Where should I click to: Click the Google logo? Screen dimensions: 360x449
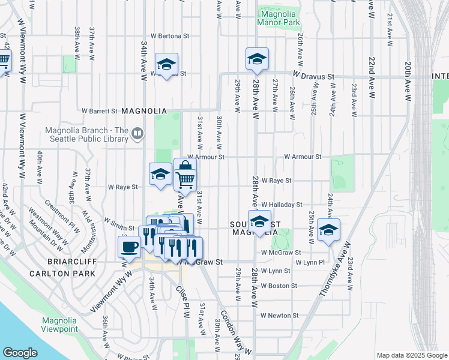pyautogui.click(x=20, y=352)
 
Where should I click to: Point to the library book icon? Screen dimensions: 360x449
pyautogui.click(x=137, y=134)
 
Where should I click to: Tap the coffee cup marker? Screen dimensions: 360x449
pyautogui.click(x=129, y=246)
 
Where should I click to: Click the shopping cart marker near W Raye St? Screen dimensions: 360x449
pyautogui.click(x=185, y=178)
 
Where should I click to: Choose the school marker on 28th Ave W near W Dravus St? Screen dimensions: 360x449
pyautogui.click(x=257, y=59)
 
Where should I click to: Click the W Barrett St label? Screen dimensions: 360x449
pyautogui.click(x=99, y=111)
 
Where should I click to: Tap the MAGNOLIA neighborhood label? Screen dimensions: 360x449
pyautogui.click(x=143, y=111)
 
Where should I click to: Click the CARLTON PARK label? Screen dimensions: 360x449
pyautogui.click(x=62, y=274)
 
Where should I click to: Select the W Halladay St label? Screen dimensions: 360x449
pyautogui.click(x=281, y=205)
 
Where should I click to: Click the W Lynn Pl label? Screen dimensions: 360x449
pyautogui.click(x=310, y=263)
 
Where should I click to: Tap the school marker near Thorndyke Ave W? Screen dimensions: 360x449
pyautogui.click(x=328, y=230)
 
